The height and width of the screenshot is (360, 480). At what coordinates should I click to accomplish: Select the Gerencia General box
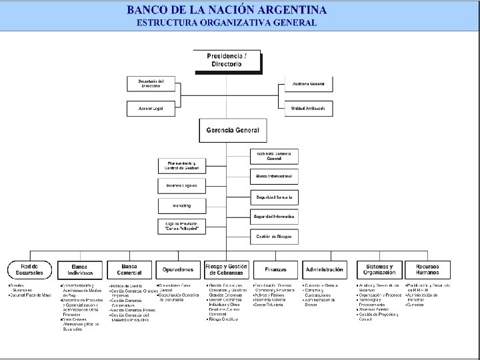coord(228,130)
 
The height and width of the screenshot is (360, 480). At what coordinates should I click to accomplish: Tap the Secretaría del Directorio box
coord(151,83)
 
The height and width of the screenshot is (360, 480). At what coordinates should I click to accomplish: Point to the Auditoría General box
coord(309,83)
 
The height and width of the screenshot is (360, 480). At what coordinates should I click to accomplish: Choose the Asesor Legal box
coord(151,107)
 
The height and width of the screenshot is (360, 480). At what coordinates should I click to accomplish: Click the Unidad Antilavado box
coord(309,107)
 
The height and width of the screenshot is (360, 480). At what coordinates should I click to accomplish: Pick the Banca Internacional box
coord(274,177)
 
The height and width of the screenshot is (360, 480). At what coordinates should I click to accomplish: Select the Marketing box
coord(182,205)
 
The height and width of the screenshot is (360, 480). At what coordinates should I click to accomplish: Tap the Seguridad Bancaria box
coord(274,197)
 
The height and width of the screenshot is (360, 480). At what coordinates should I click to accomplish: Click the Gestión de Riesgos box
coord(274,237)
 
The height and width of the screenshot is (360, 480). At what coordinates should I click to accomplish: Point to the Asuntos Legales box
coord(182,185)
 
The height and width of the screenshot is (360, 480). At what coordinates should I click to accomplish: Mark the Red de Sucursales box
coord(30,269)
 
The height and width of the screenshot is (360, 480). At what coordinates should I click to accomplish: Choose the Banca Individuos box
coord(79,269)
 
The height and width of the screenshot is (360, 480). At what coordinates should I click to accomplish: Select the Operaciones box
coord(178,269)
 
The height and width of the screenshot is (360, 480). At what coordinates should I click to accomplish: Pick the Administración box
coord(324,269)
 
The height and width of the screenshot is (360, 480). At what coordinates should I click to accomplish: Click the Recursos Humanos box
coord(427,269)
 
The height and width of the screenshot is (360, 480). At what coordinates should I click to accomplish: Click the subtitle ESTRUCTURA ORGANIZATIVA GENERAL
coord(227,23)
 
